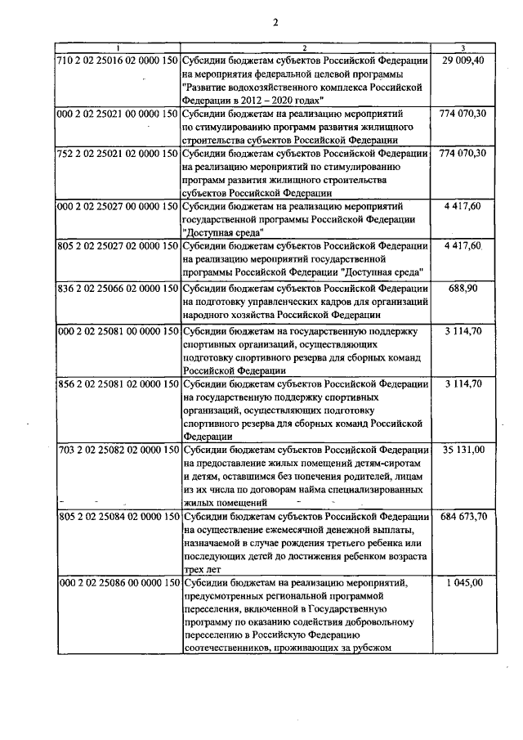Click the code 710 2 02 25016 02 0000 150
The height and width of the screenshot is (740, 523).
[x=118, y=61]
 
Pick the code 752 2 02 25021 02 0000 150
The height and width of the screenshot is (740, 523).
[x=118, y=153]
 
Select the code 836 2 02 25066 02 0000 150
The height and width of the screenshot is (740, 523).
[x=118, y=289]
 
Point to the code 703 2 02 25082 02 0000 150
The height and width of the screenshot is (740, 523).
[x=118, y=450]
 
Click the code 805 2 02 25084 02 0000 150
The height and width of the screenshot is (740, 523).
[x=118, y=517]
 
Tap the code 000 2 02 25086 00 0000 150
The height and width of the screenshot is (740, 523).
[x=118, y=583]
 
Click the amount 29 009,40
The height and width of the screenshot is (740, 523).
[x=463, y=61]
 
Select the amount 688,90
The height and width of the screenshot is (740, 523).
[x=463, y=289]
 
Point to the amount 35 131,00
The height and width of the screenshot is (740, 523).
[x=463, y=450]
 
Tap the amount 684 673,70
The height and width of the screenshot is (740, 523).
[x=463, y=517]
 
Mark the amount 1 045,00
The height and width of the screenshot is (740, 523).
[x=463, y=583]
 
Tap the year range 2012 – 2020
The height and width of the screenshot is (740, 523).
[x=266, y=96]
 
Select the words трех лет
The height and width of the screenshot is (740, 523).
[x=201, y=569]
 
